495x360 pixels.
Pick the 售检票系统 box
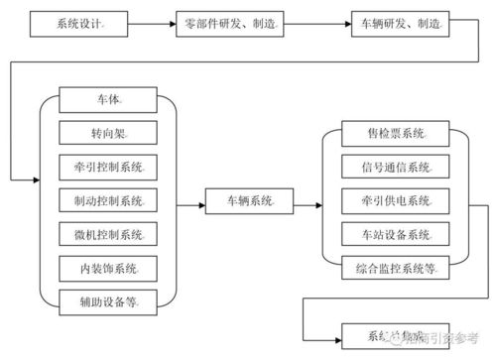(x=391, y=133)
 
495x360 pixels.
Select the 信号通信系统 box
(x=391, y=167)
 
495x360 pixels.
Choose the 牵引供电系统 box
(x=391, y=201)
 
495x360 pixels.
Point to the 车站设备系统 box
(x=391, y=235)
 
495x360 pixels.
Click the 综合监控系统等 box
(x=391, y=268)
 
